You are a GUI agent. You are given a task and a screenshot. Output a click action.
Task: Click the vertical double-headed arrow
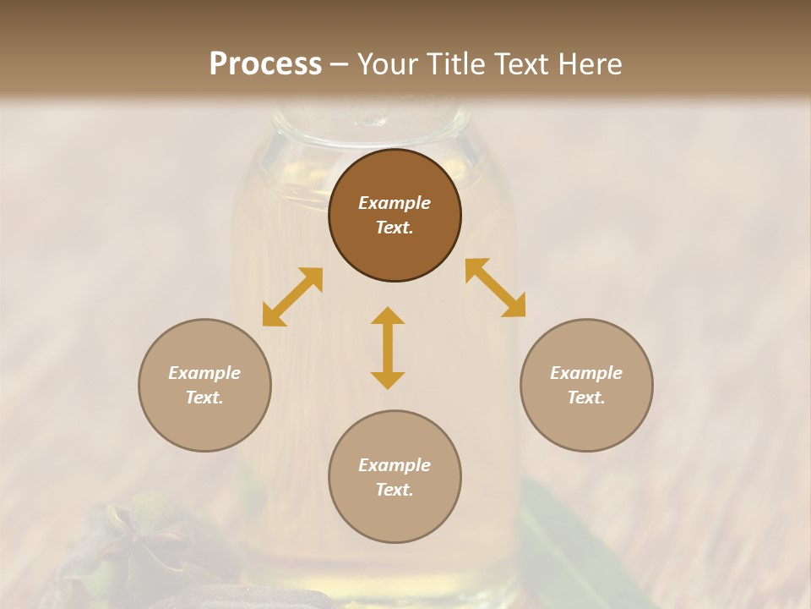(x=388, y=348)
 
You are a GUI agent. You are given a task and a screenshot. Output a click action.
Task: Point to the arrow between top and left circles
(x=292, y=297)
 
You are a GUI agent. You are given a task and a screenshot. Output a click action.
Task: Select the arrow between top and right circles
(x=495, y=288)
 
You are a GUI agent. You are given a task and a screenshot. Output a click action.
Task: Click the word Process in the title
(x=265, y=64)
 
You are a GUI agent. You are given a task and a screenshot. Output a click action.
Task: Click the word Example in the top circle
(x=395, y=203)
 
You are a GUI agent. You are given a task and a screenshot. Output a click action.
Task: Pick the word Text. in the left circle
(x=204, y=398)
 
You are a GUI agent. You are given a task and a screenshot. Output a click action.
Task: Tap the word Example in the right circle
(x=586, y=373)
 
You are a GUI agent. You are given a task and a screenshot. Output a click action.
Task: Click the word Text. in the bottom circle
(x=395, y=490)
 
